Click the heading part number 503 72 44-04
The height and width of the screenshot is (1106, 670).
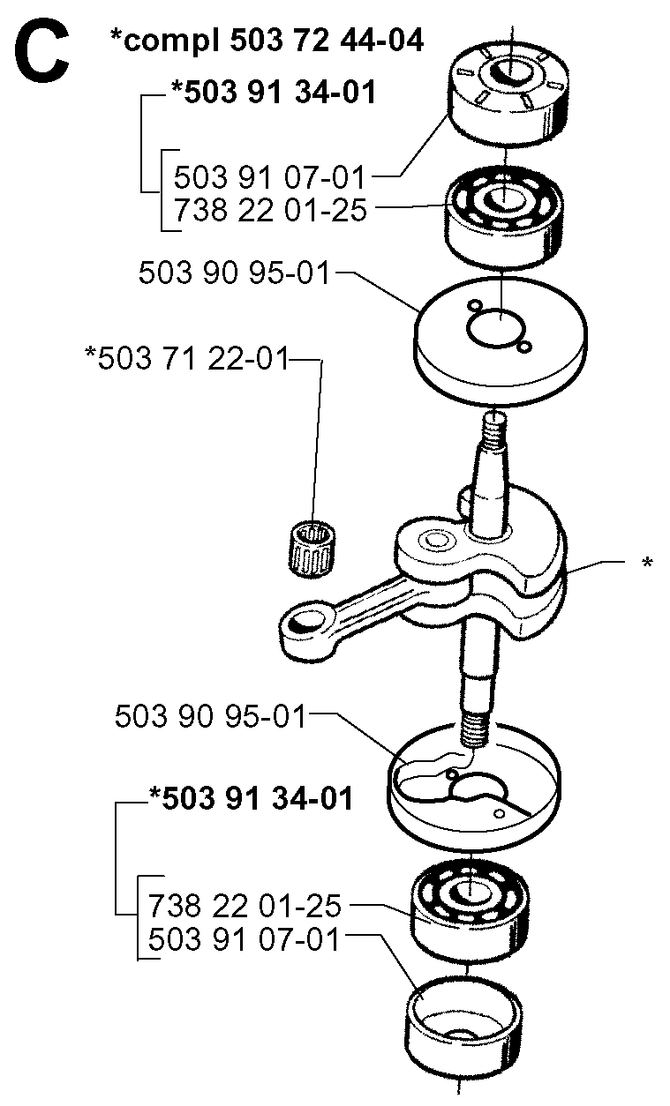[x=327, y=41]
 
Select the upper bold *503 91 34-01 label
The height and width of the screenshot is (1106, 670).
[x=274, y=92]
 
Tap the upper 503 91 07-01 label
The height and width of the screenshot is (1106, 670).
[x=269, y=177]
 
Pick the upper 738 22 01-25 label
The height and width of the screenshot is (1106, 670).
[x=270, y=209]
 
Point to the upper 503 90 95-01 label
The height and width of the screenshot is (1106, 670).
[x=234, y=273]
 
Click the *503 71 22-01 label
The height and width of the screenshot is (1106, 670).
[x=186, y=358]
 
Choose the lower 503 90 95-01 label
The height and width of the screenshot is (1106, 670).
[x=210, y=716]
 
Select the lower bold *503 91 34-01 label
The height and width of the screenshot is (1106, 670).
[x=251, y=798]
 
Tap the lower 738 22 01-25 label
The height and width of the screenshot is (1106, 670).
[x=245, y=906]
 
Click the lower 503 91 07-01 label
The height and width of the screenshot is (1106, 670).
[x=244, y=939]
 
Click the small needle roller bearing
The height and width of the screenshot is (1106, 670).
[x=312, y=548]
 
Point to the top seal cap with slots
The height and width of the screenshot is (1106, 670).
[x=508, y=93]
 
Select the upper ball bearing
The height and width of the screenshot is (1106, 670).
[x=504, y=217]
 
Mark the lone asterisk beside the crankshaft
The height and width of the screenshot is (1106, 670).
[x=647, y=564]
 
